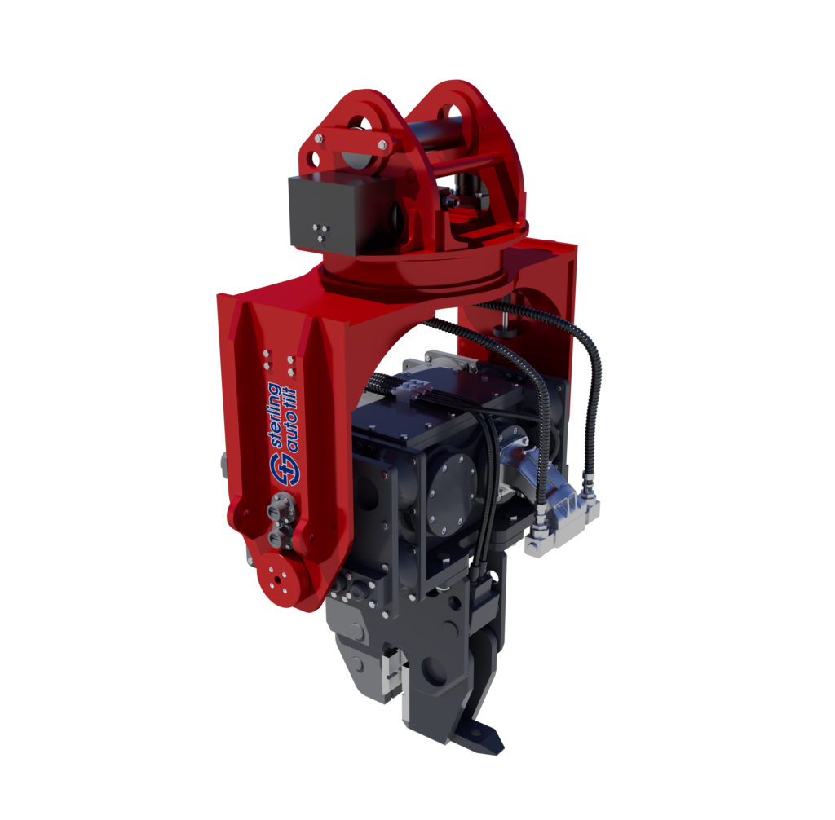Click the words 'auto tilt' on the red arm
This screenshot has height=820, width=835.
point(293,417)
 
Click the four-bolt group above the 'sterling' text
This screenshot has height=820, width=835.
point(278,359)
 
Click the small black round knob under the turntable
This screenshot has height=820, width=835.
point(506,329)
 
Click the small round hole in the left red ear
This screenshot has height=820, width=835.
point(360,124)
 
